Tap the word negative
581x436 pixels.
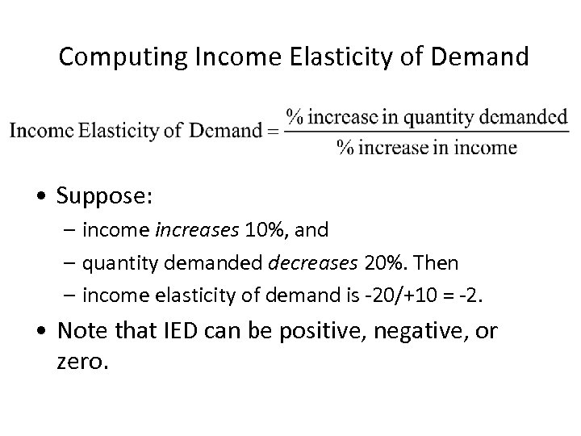(x=407, y=330)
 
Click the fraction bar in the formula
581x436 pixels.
(x=427, y=132)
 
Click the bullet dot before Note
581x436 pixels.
(x=41, y=331)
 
